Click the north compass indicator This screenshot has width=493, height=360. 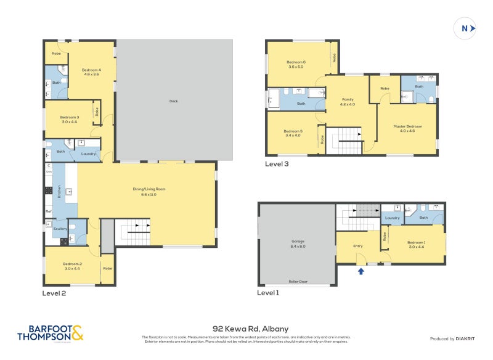tap(466, 28)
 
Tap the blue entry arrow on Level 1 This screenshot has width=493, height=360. tap(361, 269)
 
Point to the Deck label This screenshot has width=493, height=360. tap(174, 101)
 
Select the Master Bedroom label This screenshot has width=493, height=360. tap(407, 128)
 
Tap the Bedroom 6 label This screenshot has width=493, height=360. tap(296, 64)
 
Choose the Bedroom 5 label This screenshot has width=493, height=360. tap(292, 133)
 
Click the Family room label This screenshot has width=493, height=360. tap(348, 102)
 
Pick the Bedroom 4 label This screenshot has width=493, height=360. tap(91, 72)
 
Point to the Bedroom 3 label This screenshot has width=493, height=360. tap(70, 119)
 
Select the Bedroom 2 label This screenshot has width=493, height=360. tap(72, 266)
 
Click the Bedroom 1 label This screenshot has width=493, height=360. tap(416, 244)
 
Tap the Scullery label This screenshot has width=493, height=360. tap(60, 229)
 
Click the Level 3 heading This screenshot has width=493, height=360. tap(277, 164)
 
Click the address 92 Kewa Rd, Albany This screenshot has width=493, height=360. tap(250, 329)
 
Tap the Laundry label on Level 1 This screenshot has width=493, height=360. tap(392, 218)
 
